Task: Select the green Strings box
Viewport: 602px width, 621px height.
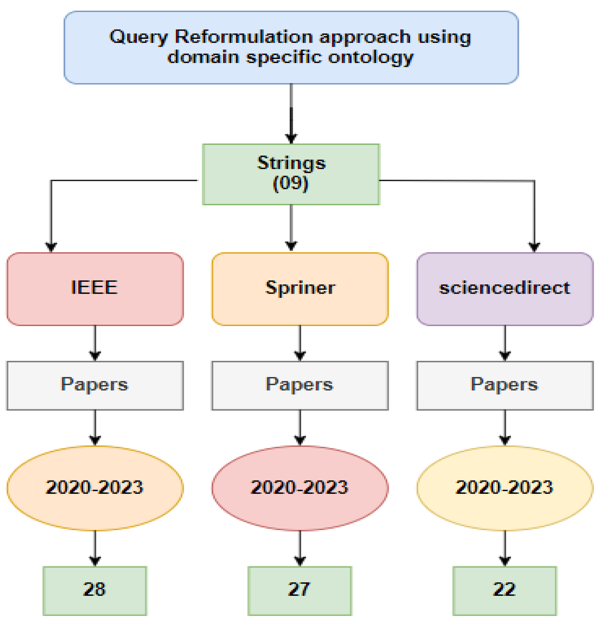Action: click(291, 174)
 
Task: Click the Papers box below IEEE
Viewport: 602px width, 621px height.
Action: click(95, 385)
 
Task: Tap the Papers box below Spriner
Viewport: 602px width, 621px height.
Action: click(300, 385)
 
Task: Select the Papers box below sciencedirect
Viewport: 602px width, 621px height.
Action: click(505, 385)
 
